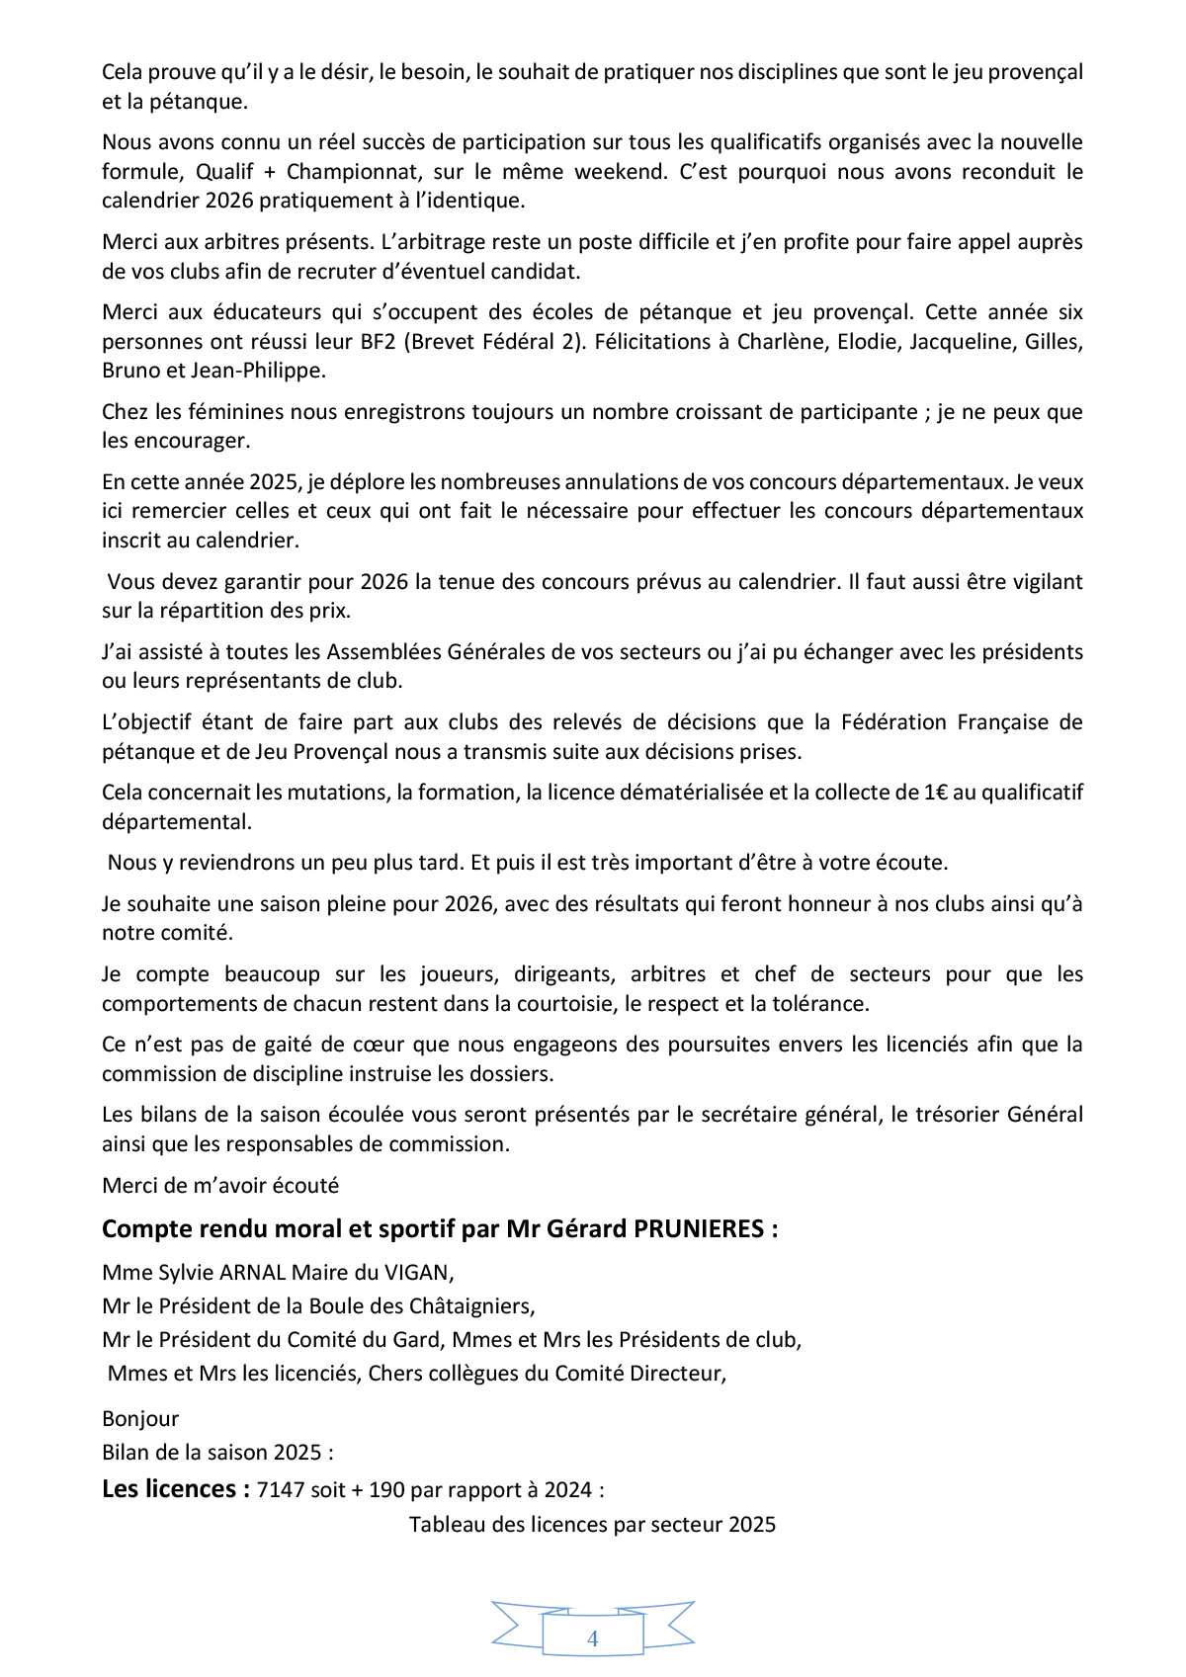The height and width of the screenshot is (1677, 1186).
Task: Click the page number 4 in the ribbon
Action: [592, 1638]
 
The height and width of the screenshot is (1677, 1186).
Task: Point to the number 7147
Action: [280, 1490]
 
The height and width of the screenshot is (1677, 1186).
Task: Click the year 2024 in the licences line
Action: [568, 1490]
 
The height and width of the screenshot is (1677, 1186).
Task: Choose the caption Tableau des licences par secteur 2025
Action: [592, 1525]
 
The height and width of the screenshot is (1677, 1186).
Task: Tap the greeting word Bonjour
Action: [140, 1419]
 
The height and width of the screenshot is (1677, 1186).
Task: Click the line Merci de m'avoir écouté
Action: [220, 1185]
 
